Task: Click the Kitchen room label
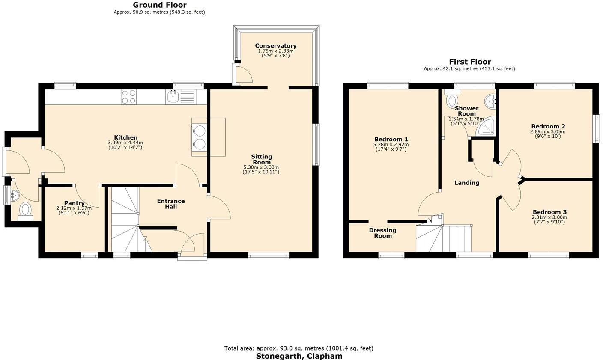point(125,137)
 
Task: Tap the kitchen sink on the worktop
point(173,97)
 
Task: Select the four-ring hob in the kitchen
point(128,97)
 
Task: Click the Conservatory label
point(275,46)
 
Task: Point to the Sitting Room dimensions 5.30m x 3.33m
point(261,167)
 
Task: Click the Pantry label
point(74,203)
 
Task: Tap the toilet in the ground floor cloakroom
point(26,210)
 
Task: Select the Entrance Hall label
point(171,204)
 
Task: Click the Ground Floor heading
point(159,5)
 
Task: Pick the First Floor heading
point(469,62)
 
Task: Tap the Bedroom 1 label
point(391,139)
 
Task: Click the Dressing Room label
point(382,233)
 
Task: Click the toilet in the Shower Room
point(451,100)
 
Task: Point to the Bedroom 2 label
point(548,126)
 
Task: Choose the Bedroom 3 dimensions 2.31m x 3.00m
point(549,217)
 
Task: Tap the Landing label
point(466,183)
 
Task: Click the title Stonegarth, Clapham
point(299,356)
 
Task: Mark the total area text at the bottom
point(299,348)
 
